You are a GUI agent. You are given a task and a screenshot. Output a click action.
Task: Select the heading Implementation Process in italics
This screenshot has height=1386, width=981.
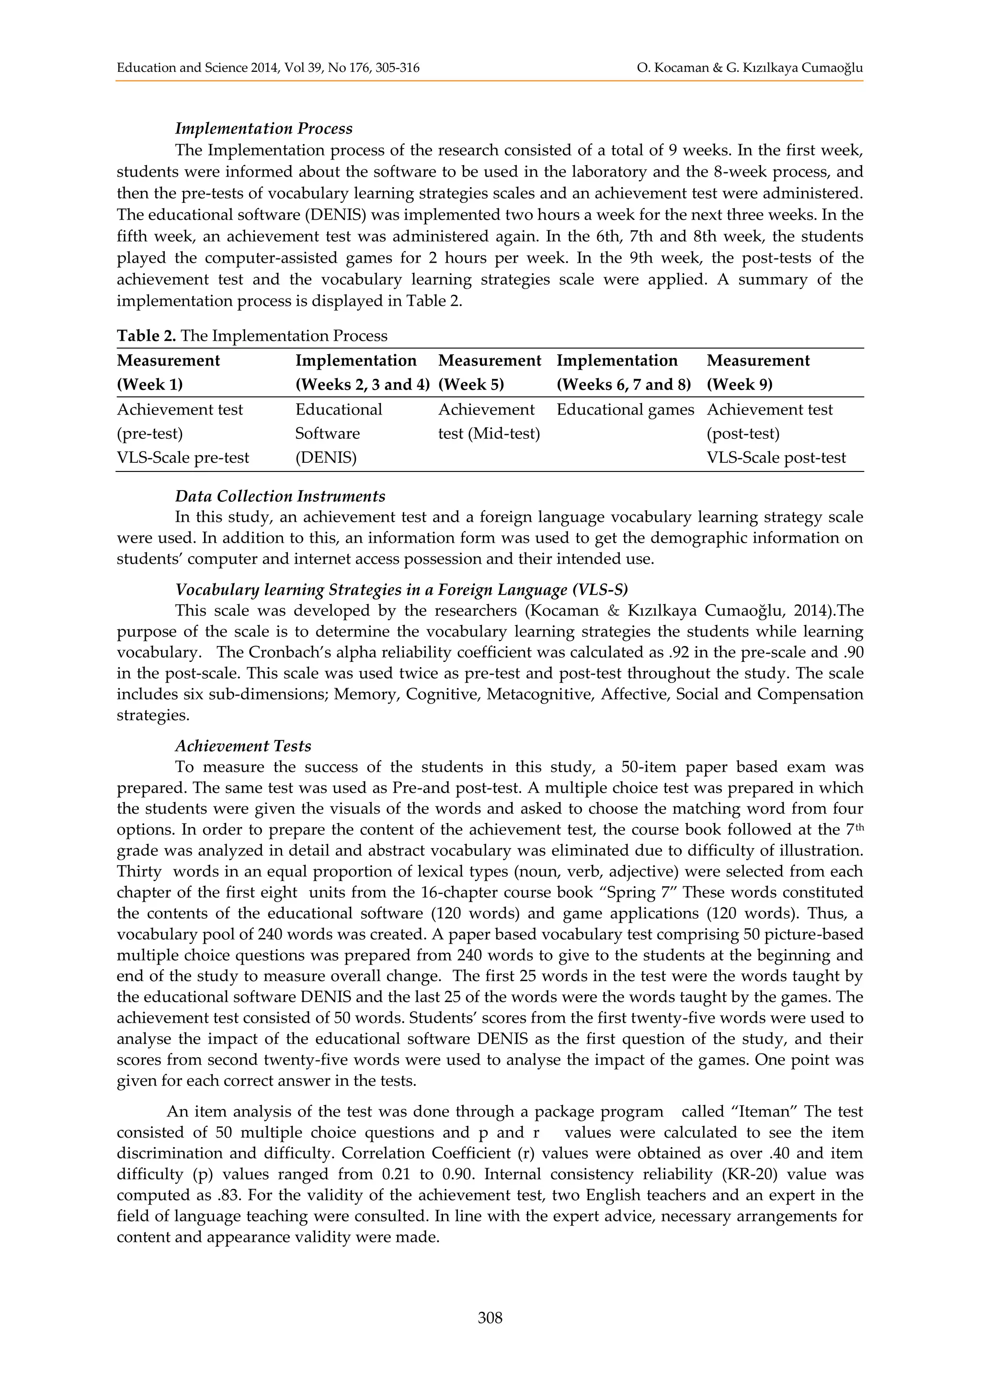tap(263, 129)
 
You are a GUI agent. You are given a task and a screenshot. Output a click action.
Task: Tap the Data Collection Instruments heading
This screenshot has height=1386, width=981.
tap(280, 496)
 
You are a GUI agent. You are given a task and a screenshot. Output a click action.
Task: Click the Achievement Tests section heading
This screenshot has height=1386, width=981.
tap(243, 746)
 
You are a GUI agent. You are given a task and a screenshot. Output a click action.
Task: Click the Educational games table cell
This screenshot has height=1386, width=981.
tap(625, 410)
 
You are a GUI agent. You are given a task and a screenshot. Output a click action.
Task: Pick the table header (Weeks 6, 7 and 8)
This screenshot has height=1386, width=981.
tap(623, 384)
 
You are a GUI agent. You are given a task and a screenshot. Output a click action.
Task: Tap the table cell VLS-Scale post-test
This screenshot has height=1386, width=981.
tap(776, 458)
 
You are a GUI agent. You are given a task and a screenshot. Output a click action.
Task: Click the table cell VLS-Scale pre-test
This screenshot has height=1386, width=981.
tap(183, 458)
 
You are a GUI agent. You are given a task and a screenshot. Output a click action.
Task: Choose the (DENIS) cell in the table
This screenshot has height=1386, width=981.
tap(326, 458)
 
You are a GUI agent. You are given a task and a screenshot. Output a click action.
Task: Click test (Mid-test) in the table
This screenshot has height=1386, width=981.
tap(489, 434)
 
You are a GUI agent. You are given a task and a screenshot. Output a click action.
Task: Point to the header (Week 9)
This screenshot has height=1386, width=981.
tap(740, 384)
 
